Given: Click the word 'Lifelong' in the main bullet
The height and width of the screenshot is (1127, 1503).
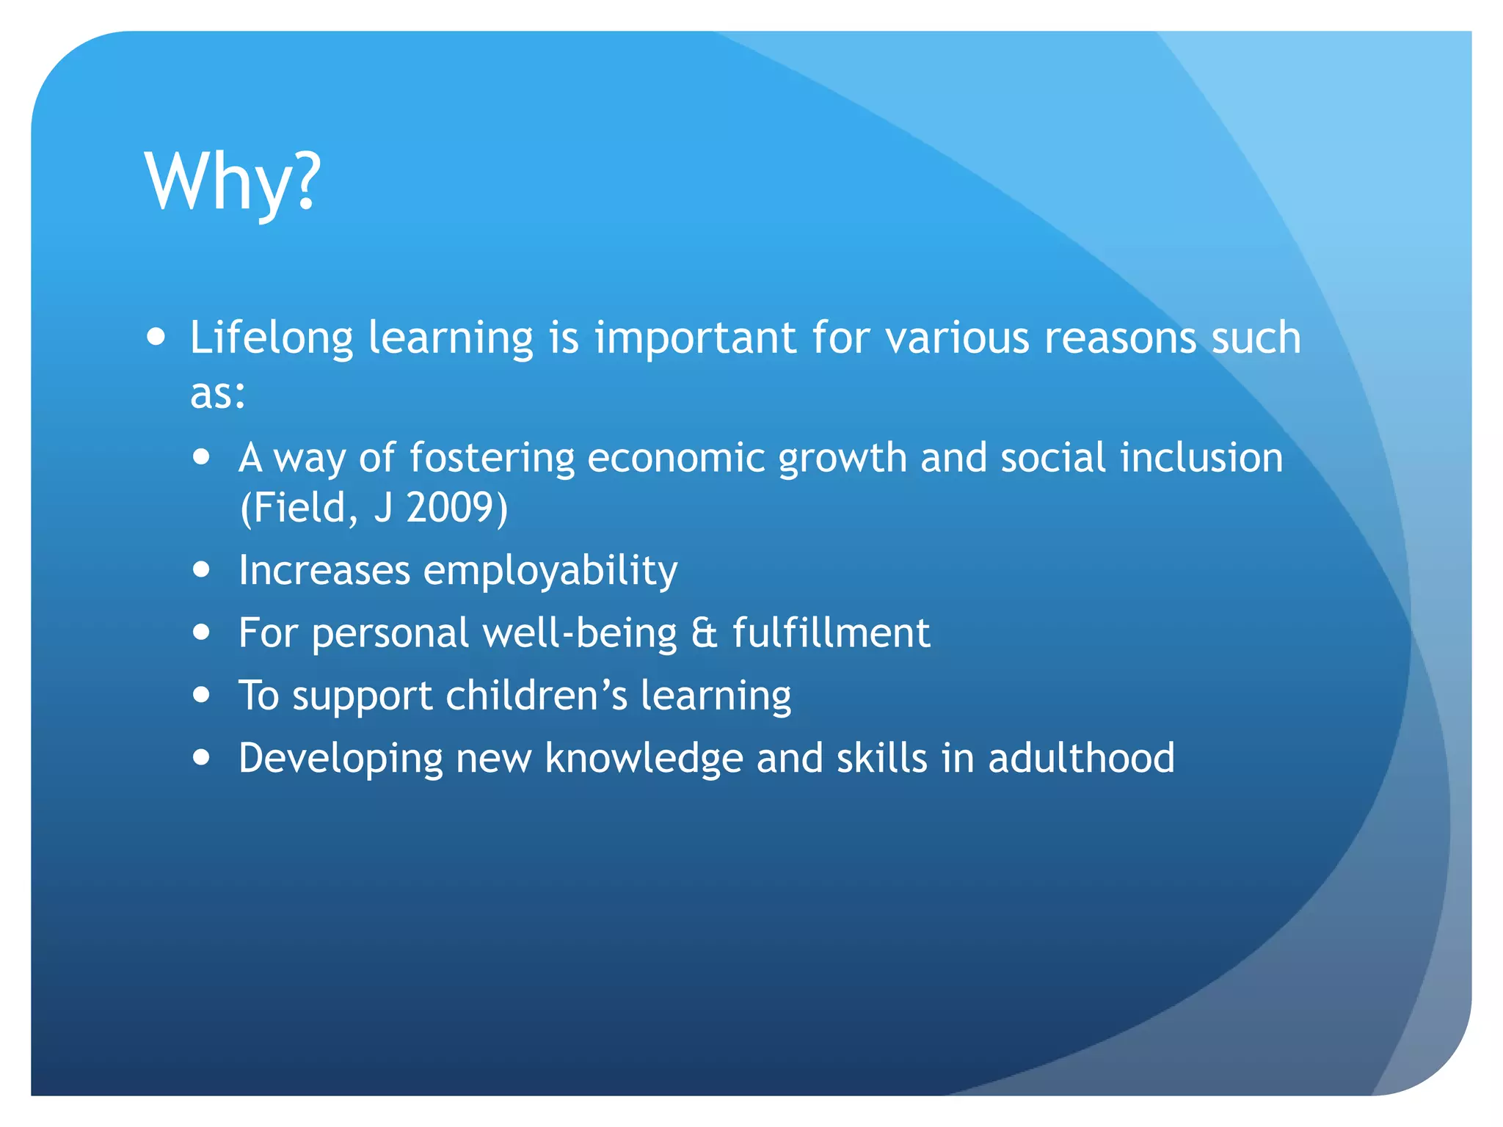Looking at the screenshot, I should click(x=272, y=338).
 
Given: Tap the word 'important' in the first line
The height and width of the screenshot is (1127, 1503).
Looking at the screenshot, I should click(x=695, y=338).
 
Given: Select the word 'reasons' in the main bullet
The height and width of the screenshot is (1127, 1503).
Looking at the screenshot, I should click(x=1121, y=338).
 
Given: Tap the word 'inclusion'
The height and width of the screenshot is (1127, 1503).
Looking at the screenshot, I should click(x=1201, y=458).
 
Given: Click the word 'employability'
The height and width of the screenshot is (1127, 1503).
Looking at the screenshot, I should click(x=550, y=571).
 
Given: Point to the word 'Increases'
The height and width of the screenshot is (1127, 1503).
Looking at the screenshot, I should click(x=324, y=571).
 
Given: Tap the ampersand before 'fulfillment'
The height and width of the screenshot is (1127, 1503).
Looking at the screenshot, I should click(x=704, y=633).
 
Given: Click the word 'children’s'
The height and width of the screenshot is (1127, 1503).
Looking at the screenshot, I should click(x=536, y=695).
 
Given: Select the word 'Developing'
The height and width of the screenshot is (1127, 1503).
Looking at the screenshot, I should click(x=341, y=759).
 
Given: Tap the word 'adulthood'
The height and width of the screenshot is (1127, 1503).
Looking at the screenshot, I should click(x=1081, y=758).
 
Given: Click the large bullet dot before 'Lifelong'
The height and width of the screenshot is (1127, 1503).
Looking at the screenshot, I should click(x=156, y=337).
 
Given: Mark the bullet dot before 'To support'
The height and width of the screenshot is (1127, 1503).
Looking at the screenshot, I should click(x=202, y=694).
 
